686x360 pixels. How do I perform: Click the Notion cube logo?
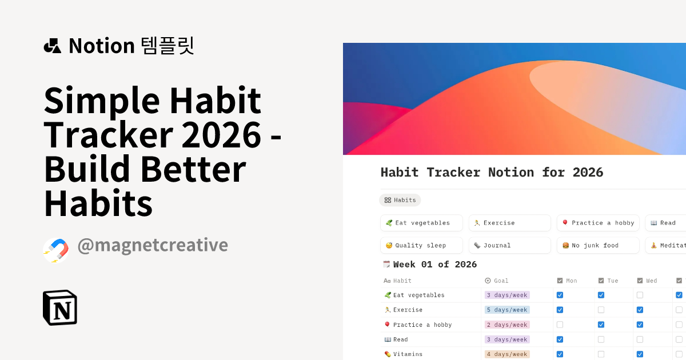60,307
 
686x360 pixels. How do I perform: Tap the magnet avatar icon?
56,250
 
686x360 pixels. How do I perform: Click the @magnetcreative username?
153,245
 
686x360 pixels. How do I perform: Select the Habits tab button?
400,200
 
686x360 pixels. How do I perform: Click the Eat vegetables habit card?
421,223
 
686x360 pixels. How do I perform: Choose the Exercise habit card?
509,223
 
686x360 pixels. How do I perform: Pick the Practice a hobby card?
598,223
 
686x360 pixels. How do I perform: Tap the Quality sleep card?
421,245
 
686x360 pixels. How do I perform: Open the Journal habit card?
509,245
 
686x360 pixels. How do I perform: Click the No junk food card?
598,245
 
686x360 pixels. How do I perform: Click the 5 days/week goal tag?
507,310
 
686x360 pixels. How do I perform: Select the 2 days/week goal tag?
507,325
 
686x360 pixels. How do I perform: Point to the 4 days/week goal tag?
507,354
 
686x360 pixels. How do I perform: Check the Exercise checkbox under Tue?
601,310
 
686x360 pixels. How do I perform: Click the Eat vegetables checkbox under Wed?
640,295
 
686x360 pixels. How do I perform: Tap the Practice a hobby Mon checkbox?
560,325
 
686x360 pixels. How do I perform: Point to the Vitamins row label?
408,354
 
